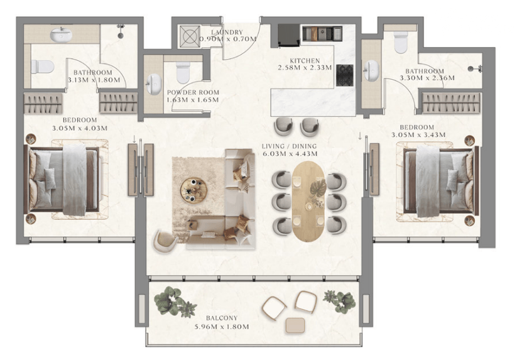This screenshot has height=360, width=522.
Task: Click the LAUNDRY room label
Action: [x=227, y=32]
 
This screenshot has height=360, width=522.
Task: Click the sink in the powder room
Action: [x=154, y=84]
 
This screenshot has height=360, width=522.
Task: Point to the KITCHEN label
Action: [x=305, y=61]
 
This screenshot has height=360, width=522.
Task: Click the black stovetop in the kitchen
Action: [x=345, y=75]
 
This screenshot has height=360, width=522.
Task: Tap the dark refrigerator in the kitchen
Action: [x=289, y=35]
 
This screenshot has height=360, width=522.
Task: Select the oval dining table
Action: [x=308, y=202]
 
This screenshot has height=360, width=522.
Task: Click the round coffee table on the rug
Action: [x=193, y=190]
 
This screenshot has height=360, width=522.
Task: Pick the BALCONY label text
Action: [x=221, y=318]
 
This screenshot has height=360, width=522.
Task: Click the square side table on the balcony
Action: [x=295, y=325]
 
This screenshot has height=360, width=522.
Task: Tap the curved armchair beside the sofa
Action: [x=165, y=241]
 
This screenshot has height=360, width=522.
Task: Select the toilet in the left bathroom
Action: [x=42, y=67]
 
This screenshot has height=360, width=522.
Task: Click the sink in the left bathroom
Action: [x=61, y=35]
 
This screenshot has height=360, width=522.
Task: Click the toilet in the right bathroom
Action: [x=401, y=42]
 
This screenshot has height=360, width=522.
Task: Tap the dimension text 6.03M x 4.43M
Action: [x=290, y=154]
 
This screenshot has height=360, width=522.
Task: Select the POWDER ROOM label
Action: [x=193, y=92]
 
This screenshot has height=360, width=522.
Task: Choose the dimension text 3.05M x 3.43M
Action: [x=418, y=135]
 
